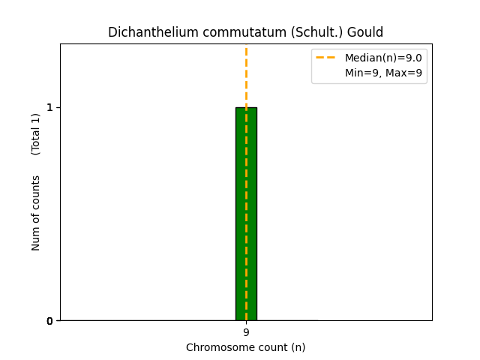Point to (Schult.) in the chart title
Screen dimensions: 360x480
292,33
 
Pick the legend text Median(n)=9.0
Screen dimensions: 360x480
382,58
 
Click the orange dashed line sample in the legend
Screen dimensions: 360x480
326,58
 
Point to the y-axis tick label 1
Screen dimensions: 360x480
49,108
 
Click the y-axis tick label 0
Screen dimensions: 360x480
49,321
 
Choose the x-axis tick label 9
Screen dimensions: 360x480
246,332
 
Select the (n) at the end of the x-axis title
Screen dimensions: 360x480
298,348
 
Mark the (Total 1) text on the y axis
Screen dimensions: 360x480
36,133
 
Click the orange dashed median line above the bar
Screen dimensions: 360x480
246,75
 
